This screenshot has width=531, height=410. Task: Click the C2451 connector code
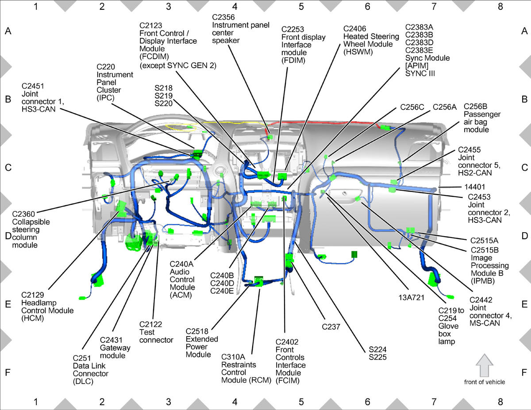click(33, 86)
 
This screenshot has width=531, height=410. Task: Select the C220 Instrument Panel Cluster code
click(106, 67)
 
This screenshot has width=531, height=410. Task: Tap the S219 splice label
click(163, 96)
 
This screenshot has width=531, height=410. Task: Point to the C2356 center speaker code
click(223, 17)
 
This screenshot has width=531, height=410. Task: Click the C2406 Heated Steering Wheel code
click(354, 29)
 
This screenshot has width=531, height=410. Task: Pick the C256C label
click(412, 107)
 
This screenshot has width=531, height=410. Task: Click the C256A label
click(445, 107)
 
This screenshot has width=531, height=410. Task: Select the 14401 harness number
click(474, 187)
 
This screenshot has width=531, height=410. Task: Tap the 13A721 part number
click(412, 297)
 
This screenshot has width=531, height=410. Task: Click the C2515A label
click(484, 241)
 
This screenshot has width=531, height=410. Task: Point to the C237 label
click(331, 326)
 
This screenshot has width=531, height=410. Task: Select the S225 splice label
click(377, 357)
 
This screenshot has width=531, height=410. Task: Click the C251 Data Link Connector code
click(81, 358)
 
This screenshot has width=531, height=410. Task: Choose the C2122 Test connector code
click(150, 324)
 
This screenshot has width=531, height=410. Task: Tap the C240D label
click(222, 283)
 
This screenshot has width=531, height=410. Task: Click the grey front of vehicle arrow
click(485, 365)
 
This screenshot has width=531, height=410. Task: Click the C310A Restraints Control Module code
click(233, 357)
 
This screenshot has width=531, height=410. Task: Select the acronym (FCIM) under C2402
click(287, 380)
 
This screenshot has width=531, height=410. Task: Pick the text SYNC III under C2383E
click(420, 73)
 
